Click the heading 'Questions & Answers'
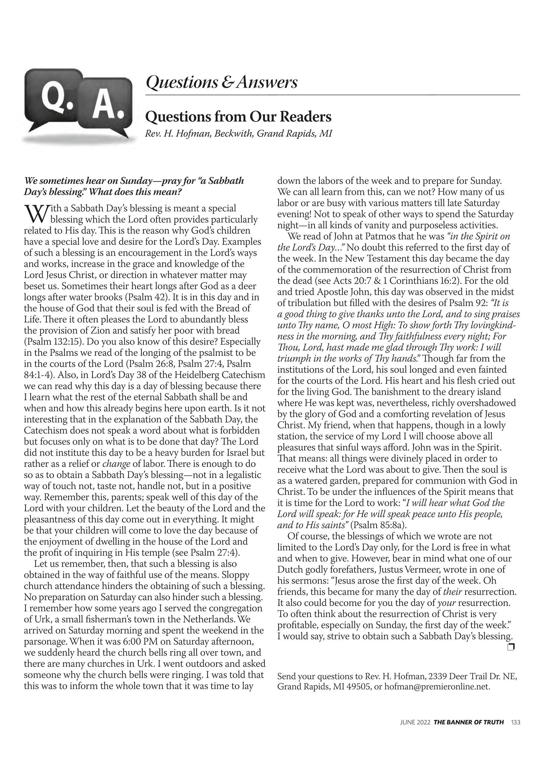tap(221, 82)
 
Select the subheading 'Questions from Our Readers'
tap(238, 117)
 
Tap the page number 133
tap(515, 731)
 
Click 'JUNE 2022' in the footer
tap(415, 731)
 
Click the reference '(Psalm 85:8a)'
tap(377, 525)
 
